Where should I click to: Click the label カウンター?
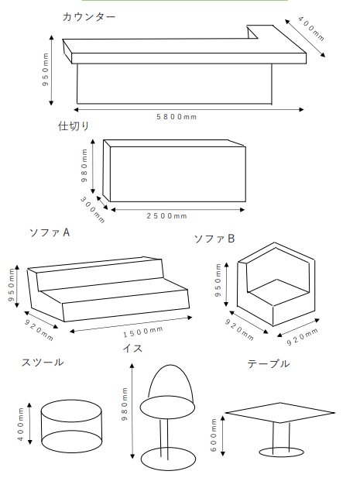tap(89, 16)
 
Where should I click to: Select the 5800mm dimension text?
tap(177, 116)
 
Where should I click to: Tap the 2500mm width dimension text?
tap(167, 215)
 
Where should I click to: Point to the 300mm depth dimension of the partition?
tap(92, 209)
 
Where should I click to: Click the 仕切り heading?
tap(74, 125)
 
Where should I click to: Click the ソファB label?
tap(214, 239)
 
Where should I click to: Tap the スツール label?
tap(42, 362)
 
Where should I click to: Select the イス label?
tap(132, 349)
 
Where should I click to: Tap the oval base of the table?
tap(280, 451)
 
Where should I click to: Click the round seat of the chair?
tap(167, 407)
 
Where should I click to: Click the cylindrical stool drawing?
tap(71, 426)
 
